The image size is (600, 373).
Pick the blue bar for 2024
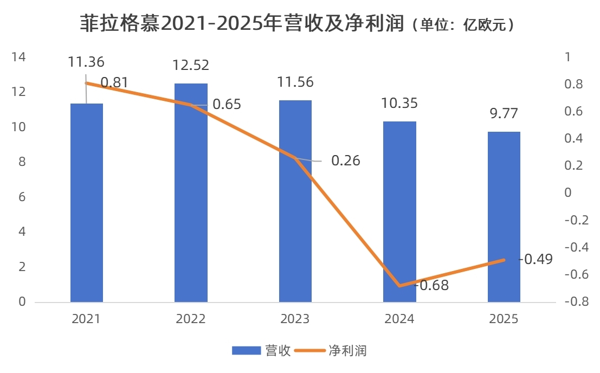399,217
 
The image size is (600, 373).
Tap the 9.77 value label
504,113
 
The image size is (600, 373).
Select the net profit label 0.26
345,161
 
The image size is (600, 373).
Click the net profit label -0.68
432,285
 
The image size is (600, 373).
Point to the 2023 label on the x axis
295,319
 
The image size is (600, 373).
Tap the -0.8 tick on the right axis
575,301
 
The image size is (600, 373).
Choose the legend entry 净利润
347,351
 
